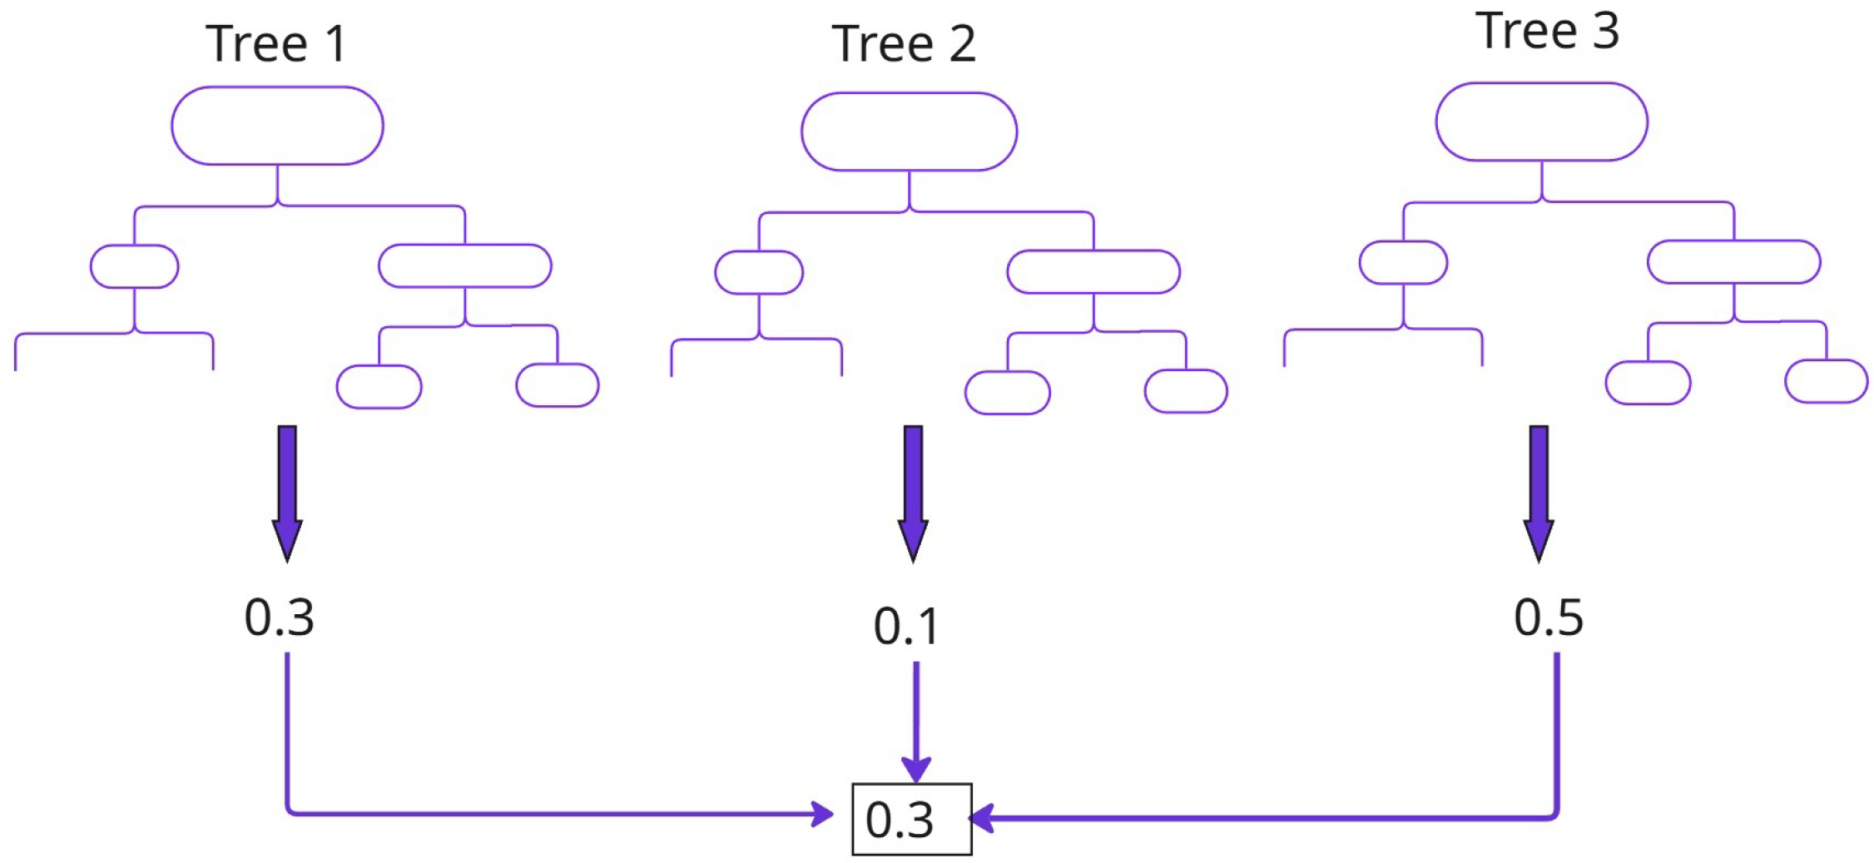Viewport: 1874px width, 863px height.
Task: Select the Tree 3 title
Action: [x=1548, y=31]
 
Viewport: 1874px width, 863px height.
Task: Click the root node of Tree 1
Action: [x=277, y=126]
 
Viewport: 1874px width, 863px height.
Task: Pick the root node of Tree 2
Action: [x=909, y=131]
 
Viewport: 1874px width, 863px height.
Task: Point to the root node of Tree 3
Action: [x=1541, y=122]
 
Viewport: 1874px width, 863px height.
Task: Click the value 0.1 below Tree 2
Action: [x=906, y=627]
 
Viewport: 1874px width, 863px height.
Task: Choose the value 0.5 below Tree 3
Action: [x=1548, y=617]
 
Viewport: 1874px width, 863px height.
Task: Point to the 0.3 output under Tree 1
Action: [x=280, y=617]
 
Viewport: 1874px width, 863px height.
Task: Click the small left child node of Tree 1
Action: [x=134, y=266]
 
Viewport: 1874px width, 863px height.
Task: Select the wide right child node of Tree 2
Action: [x=1093, y=272]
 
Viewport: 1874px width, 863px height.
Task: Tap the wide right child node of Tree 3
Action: [x=1734, y=262]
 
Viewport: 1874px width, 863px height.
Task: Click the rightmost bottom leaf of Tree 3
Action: [x=1827, y=381]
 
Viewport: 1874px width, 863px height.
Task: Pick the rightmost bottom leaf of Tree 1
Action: [x=558, y=385]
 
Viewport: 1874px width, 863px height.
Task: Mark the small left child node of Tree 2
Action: [x=759, y=272]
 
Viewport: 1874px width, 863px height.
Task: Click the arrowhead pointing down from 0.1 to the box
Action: [x=916, y=769]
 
